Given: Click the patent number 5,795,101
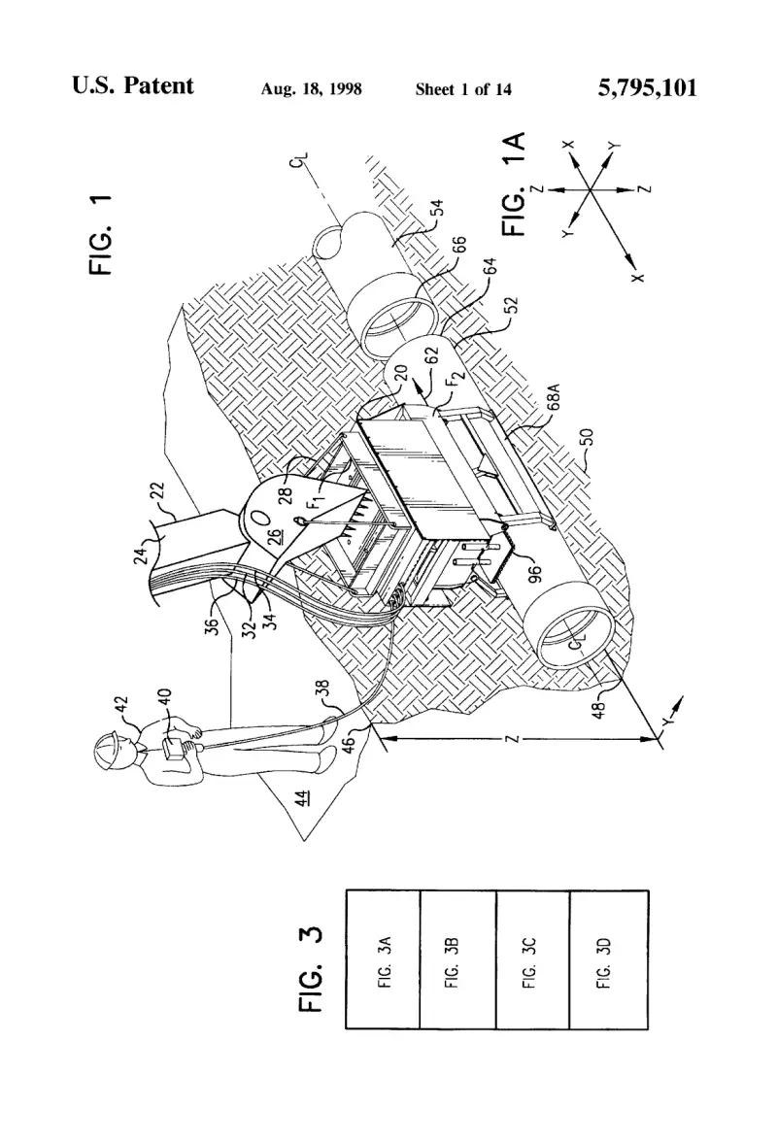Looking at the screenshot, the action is click(x=648, y=88).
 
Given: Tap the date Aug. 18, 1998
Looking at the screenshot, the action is click(x=311, y=89).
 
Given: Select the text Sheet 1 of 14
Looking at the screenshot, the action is click(x=463, y=89).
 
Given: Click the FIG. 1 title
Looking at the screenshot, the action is click(x=101, y=235).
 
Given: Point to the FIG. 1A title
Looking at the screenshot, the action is click(x=514, y=184).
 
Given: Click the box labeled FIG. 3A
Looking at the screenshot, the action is click(x=383, y=959).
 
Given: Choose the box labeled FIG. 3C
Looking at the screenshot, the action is click(x=532, y=959).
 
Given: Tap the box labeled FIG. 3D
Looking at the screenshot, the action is click(x=608, y=959).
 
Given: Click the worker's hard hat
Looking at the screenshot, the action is click(x=108, y=750).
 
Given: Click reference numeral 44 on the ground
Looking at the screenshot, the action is click(x=301, y=797).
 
